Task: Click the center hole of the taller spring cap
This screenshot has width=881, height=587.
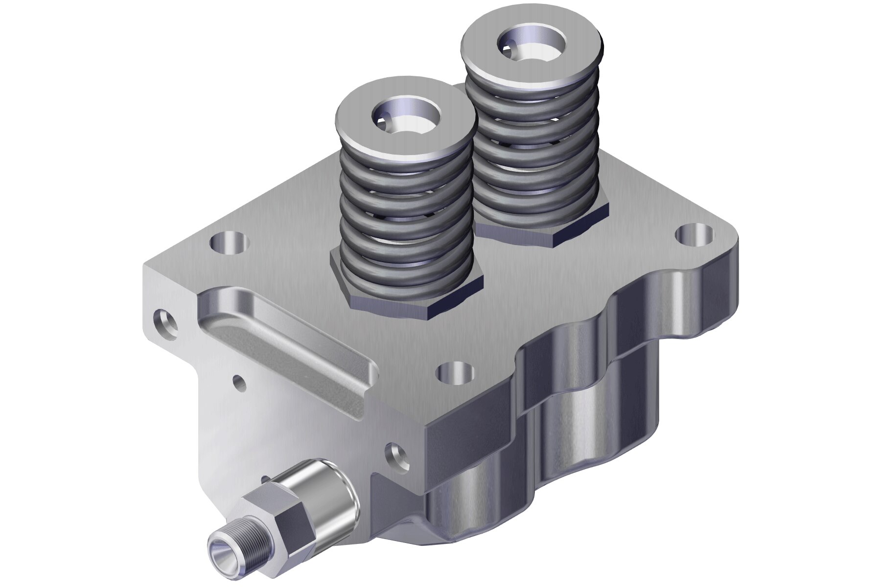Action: tap(531, 45)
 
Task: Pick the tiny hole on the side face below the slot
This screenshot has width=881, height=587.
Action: tap(240, 383)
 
